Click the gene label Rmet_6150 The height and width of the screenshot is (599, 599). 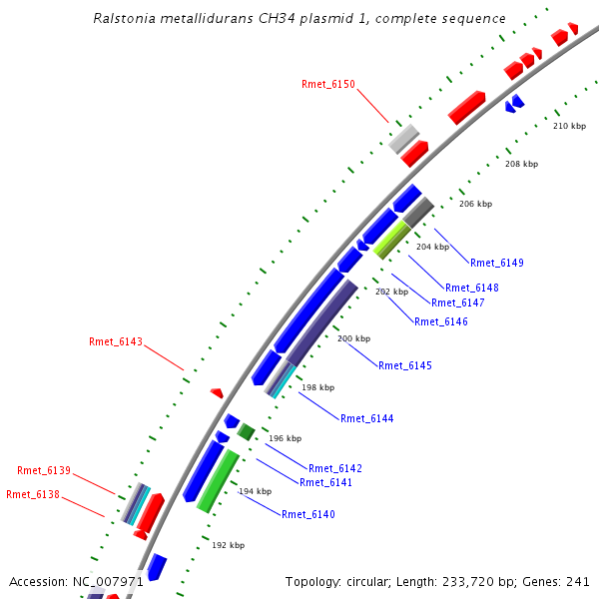pyautogui.click(x=327, y=85)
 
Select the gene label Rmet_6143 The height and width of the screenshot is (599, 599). pyautogui.click(x=116, y=341)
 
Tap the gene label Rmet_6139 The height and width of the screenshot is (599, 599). pyautogui.click(x=44, y=470)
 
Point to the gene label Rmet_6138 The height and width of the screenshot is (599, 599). pyautogui.click(x=33, y=494)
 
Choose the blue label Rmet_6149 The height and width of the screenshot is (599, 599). pyautogui.click(x=497, y=264)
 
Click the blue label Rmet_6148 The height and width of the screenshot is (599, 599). pyautogui.click(x=472, y=289)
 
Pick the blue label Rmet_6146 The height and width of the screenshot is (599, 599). pyautogui.click(x=441, y=321)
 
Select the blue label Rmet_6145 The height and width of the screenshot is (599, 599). pyautogui.click(x=405, y=365)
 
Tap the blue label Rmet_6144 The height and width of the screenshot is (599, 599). pyautogui.click(x=367, y=418)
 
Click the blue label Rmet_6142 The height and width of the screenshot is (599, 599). pyautogui.click(x=335, y=468)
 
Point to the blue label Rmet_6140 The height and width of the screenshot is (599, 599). pyautogui.click(x=308, y=514)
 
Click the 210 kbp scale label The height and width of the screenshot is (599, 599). pyautogui.click(x=569, y=126)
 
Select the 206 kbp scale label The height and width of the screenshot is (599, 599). pyautogui.click(x=475, y=204)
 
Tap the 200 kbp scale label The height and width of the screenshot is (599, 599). pyautogui.click(x=353, y=338)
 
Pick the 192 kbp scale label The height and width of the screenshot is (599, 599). pyautogui.click(x=229, y=545)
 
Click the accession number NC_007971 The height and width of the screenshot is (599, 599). pyautogui.click(x=108, y=581)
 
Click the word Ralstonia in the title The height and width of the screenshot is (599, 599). pyautogui.click(x=125, y=19)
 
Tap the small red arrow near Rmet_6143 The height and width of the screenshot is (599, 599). pyautogui.click(x=217, y=393)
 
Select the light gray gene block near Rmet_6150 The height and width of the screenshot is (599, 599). pyautogui.click(x=403, y=138)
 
